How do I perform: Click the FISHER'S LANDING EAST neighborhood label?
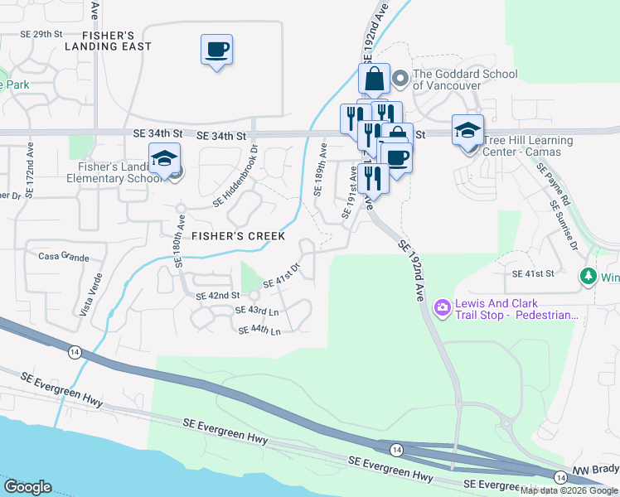pos(117,41)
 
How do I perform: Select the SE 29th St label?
pos(41,34)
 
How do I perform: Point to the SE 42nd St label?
pos(217,296)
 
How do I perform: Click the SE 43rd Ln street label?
pos(257,311)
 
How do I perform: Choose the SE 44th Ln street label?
pos(259,331)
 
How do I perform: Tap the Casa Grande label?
pos(64,258)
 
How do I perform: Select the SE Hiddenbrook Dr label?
pos(237,176)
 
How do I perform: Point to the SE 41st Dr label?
pos(281,277)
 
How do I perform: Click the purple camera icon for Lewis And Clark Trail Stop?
pos(442,308)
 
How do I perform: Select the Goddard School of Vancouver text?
pos(464,80)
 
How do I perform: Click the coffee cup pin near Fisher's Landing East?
pos(216,50)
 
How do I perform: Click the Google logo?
pos(27,487)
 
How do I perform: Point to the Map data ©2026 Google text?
pos(569,490)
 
